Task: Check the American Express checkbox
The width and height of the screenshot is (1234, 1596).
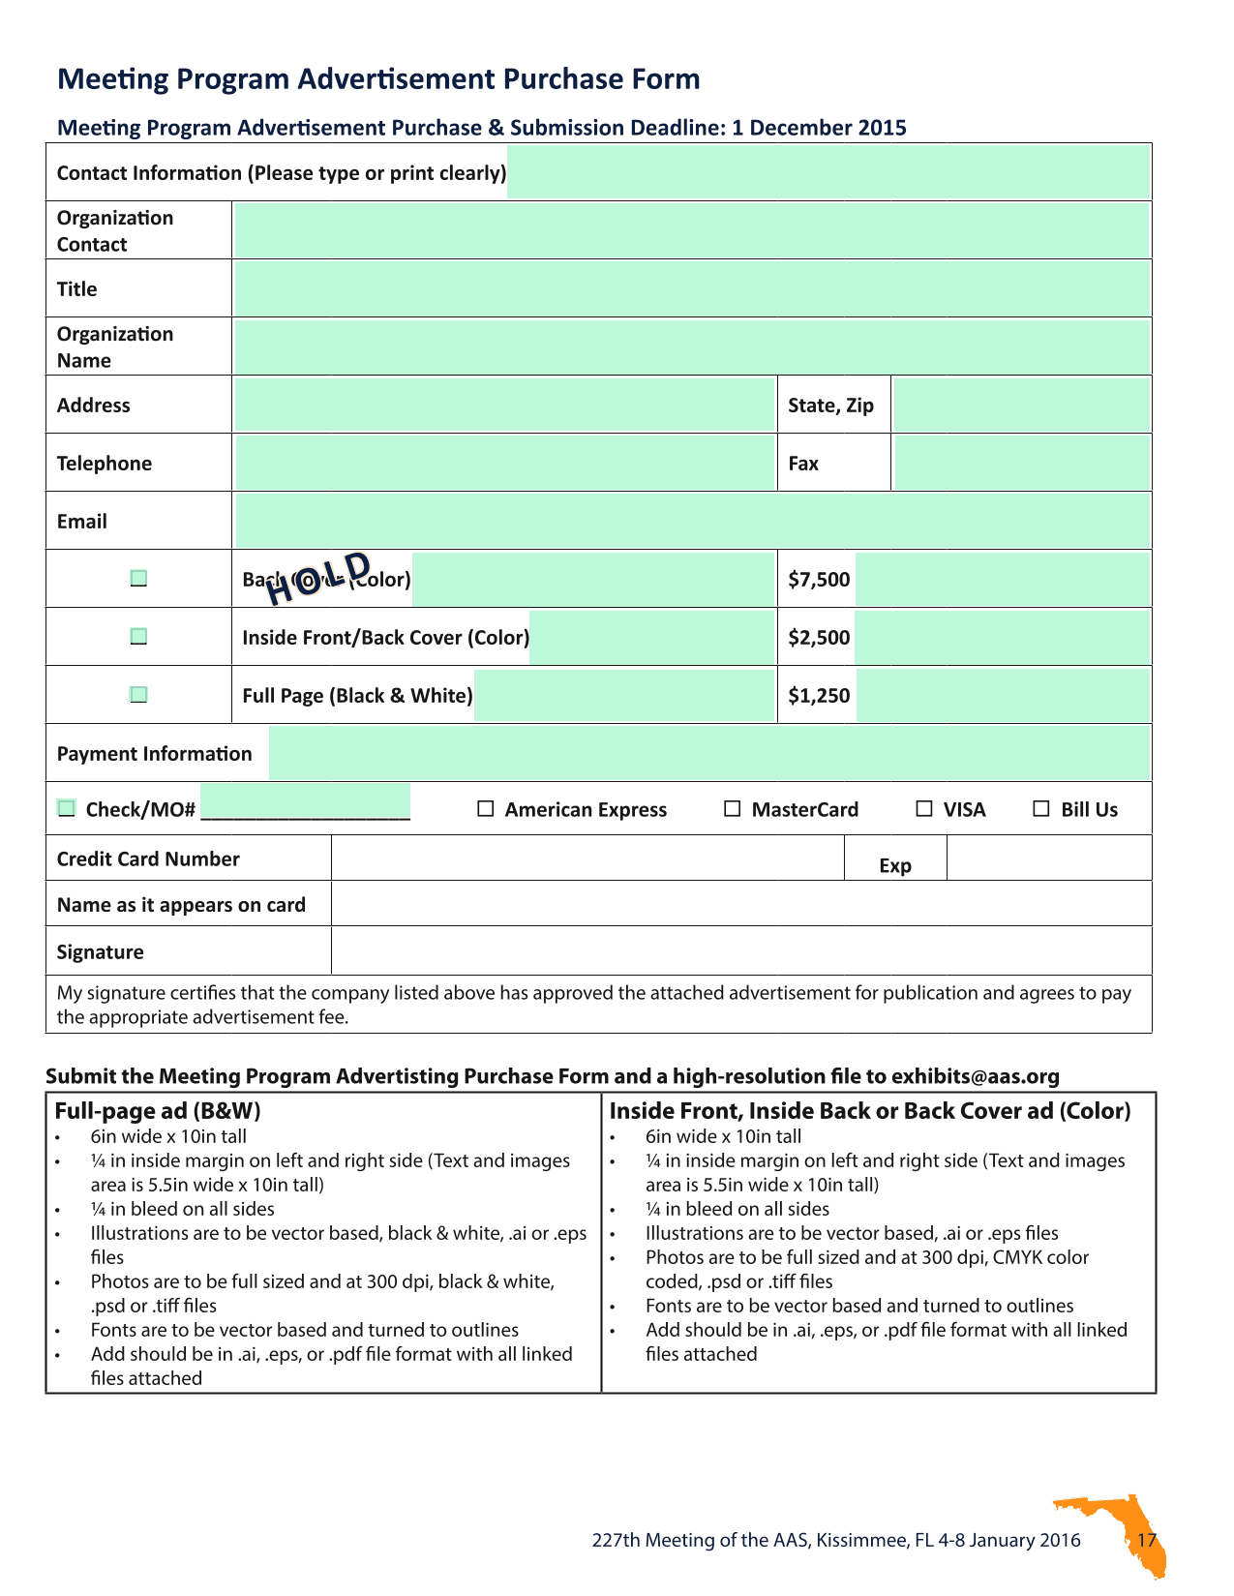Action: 486,808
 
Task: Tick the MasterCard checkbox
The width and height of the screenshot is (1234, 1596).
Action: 733,808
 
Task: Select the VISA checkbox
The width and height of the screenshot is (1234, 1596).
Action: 924,808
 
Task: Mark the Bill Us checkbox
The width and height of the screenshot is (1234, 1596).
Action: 1041,808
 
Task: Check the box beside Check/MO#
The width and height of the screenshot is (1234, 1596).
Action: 66,808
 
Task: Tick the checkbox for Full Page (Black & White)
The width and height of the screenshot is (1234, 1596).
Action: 138,694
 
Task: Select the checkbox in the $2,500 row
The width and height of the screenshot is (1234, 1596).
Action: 138,636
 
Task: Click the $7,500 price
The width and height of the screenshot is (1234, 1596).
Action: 819,579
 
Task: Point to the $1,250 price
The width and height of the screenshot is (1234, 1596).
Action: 819,695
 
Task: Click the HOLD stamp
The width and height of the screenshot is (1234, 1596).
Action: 318,578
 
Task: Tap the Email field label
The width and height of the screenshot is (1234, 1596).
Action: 82,521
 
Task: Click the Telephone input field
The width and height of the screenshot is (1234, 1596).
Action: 504,463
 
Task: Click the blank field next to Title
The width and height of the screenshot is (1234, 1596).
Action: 691,288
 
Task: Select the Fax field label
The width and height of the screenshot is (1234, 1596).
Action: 803,463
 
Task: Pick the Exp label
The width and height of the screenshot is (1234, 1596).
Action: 895,865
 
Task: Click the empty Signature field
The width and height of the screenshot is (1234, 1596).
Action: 740,950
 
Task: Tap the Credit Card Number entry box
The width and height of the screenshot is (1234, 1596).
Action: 587,858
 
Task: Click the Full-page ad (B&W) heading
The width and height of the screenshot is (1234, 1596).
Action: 158,1110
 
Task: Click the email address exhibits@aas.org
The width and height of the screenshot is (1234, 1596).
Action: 975,1075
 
